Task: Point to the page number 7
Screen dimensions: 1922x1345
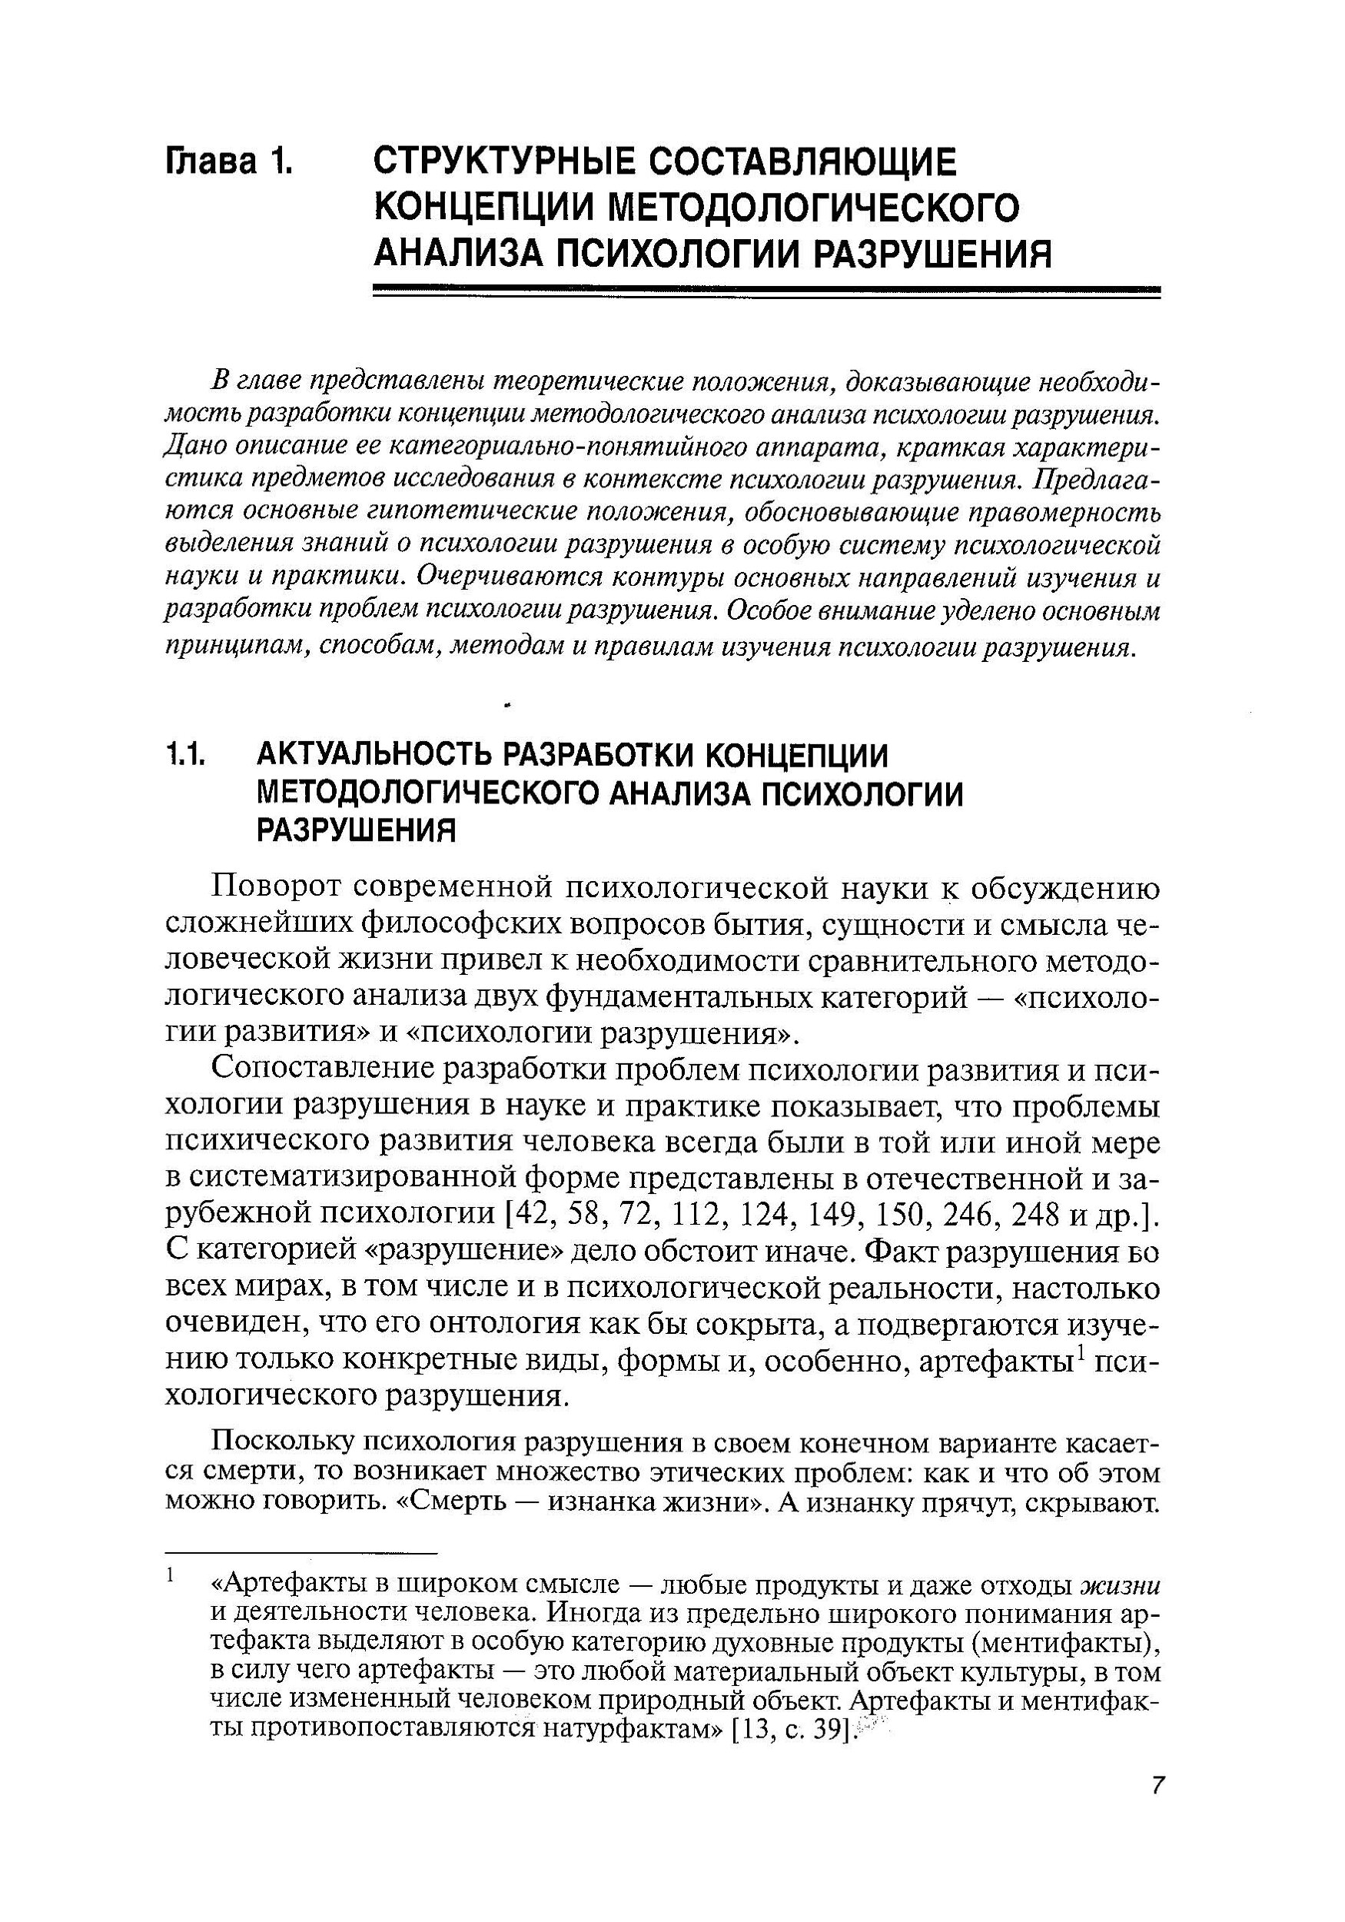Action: pos(1156,1807)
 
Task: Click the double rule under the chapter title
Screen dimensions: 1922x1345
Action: pos(765,292)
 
